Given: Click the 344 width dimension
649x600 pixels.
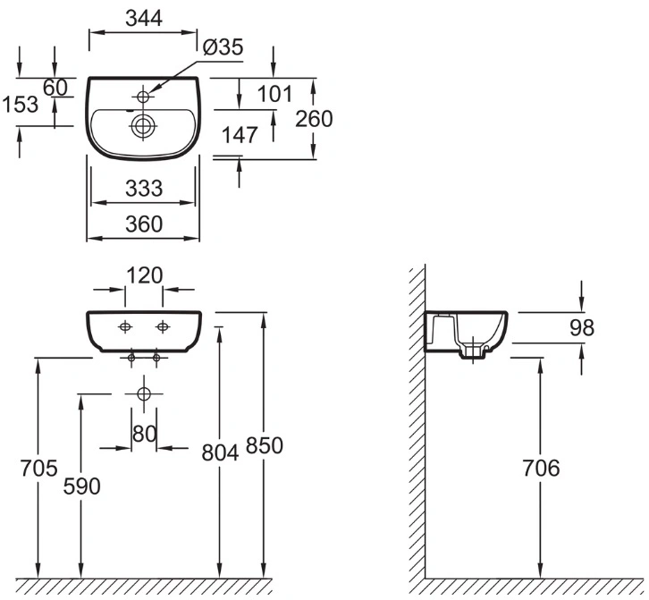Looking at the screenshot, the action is point(144,18).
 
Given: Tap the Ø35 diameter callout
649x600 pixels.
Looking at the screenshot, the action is point(223,47).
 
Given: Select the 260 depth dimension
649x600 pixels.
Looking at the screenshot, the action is point(314,119).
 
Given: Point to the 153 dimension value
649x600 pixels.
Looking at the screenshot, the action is point(21,104).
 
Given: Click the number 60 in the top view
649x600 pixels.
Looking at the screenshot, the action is point(55,88).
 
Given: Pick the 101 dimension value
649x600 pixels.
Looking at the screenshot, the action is point(274,94).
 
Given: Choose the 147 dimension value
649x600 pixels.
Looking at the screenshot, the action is point(240,135).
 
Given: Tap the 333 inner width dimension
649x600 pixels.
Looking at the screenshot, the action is point(144,189).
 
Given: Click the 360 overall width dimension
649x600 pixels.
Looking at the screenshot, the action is point(144,224).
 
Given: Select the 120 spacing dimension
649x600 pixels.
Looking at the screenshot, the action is point(144,275).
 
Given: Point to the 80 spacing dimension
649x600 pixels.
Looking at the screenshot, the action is point(145,434).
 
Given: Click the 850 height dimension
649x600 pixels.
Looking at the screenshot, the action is point(264,445).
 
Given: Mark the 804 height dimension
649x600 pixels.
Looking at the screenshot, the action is point(220,452).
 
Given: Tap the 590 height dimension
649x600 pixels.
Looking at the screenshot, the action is point(81,486).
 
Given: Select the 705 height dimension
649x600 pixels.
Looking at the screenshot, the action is point(39,469).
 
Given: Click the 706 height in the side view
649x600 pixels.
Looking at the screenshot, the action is point(541,468).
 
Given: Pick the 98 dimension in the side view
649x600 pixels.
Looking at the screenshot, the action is point(582,327).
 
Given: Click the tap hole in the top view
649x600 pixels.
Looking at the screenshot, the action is point(143,97).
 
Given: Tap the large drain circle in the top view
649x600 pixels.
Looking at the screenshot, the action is point(143,125).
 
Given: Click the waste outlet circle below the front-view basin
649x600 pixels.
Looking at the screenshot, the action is point(144,393).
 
